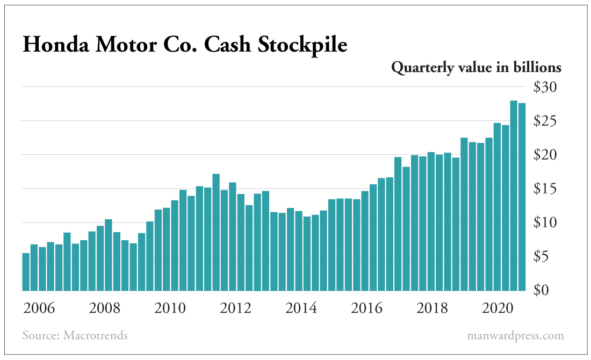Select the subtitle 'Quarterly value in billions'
point(476,68)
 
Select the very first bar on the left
point(26,271)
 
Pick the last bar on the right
point(522,197)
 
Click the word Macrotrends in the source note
point(96,336)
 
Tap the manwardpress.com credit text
point(515,336)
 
